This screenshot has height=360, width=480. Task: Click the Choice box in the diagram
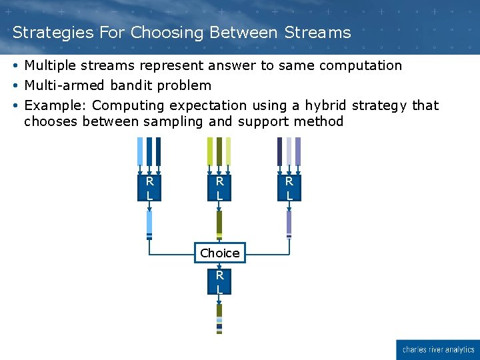click(219, 253)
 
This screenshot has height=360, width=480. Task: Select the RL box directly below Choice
click(219, 282)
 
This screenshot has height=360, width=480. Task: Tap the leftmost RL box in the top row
click(149, 188)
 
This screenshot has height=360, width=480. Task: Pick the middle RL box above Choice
click(219, 188)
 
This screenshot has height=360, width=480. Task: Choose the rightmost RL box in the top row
click(289, 188)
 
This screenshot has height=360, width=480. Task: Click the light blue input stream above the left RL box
click(140, 151)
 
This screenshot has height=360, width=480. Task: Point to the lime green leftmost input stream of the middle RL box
click(210, 151)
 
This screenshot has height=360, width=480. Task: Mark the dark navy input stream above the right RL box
click(279, 151)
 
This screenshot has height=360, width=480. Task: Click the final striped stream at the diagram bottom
click(219, 318)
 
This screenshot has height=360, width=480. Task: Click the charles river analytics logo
click(437, 349)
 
